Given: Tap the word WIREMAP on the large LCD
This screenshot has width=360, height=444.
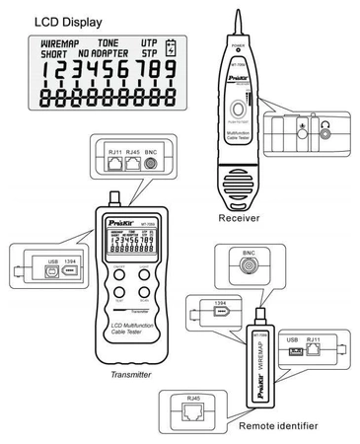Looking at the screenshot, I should coord(66,44).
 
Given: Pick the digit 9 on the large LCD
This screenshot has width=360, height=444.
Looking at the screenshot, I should coord(170,74).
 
